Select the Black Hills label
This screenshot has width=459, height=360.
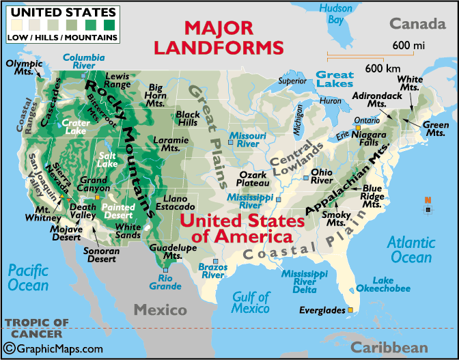point(188,118)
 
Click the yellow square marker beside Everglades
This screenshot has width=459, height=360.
point(350,310)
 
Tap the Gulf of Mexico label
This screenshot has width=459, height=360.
point(251,303)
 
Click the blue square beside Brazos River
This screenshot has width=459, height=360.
point(216,262)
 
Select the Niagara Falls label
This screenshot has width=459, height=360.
point(369,139)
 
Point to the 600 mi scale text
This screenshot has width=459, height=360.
point(408,46)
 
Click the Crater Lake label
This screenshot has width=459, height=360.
point(75,127)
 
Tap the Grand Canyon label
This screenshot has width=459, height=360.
point(94,185)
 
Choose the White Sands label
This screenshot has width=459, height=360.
point(128,232)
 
